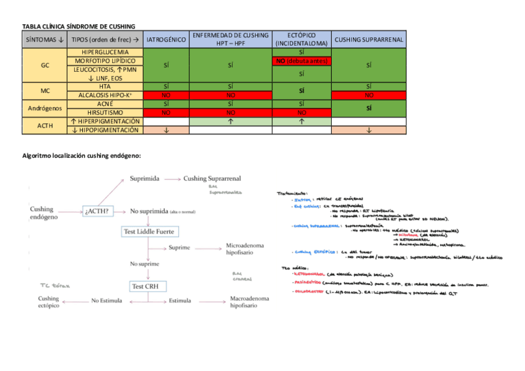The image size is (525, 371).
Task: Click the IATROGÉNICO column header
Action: point(166,39)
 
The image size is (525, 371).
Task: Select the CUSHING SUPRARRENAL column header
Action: point(369,39)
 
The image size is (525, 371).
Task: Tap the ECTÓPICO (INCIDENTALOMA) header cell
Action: point(302,39)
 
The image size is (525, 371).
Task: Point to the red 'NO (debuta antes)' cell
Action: point(302,61)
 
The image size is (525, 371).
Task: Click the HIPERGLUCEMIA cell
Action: point(105,53)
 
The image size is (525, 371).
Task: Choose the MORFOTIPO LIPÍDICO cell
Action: point(105,61)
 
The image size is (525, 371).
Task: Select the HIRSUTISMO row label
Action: point(105,113)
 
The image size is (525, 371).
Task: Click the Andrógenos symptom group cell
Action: point(45,108)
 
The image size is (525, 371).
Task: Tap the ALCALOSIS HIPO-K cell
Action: point(105,95)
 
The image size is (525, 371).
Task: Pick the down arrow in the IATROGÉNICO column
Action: point(166,130)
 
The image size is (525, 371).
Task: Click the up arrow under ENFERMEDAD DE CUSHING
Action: point(230,122)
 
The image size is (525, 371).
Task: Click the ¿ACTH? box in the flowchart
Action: point(97,211)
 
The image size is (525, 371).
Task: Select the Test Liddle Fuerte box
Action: point(149,232)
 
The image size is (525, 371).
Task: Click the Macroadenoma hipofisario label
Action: point(249,302)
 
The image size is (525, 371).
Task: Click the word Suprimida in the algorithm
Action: point(145,178)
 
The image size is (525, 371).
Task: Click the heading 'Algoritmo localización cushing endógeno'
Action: point(82,155)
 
